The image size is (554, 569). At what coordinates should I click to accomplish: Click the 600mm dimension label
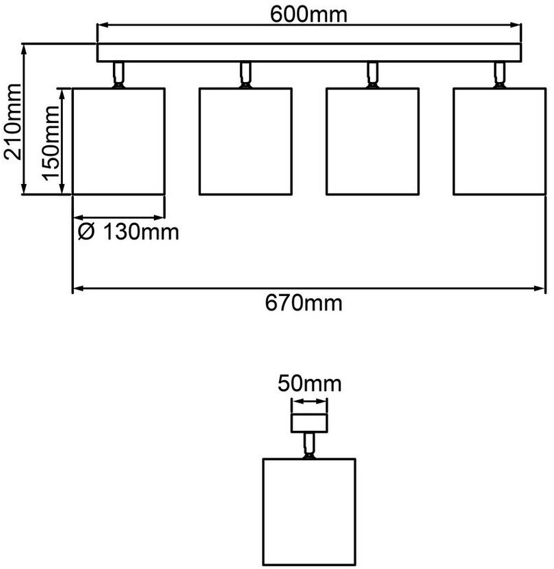click(x=308, y=13)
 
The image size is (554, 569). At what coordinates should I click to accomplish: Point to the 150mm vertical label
click(x=51, y=142)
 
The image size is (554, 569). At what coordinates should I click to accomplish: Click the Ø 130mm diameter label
click(x=128, y=233)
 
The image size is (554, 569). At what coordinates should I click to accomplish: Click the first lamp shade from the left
click(x=119, y=142)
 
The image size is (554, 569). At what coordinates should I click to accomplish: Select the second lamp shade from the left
click(x=246, y=142)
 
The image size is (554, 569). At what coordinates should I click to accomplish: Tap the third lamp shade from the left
click(x=373, y=142)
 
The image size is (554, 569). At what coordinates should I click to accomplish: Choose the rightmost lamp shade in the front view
click(x=500, y=142)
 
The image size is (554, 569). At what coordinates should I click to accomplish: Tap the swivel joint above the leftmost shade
click(x=118, y=75)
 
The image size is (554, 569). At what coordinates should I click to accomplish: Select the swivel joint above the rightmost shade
click(x=500, y=75)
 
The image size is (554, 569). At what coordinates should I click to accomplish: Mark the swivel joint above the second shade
click(x=245, y=75)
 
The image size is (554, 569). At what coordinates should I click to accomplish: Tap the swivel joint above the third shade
click(x=373, y=75)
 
